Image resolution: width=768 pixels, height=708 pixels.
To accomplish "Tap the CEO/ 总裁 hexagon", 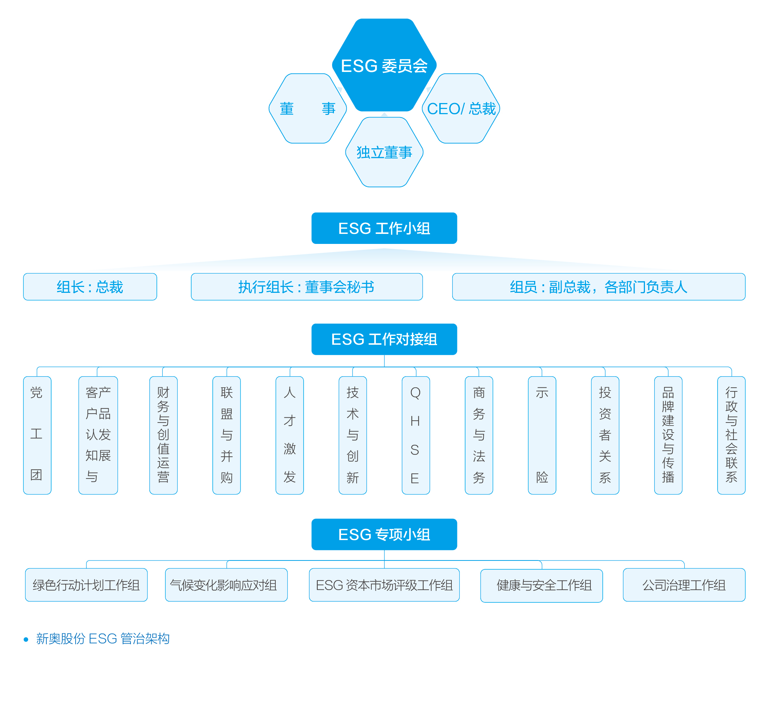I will tap(461, 108).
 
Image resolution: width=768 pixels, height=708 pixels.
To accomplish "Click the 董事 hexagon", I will tap(307, 108).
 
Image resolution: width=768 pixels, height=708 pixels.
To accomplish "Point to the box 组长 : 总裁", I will tap(90, 287).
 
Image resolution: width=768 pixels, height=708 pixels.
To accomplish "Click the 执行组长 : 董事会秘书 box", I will tap(307, 287).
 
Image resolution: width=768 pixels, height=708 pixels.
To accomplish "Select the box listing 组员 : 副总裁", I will tap(598, 287).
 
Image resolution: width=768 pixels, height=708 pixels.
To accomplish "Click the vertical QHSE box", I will tap(416, 435).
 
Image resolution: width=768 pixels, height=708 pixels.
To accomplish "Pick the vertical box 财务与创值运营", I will tap(163, 435).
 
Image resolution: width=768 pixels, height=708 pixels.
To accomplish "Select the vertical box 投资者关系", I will tap(605, 435).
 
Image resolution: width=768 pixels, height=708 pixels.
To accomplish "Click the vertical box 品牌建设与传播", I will tap(668, 435).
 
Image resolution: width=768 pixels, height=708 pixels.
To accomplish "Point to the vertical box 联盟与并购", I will tap(226, 435).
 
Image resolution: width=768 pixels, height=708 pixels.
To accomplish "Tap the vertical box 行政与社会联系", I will tap(731, 435).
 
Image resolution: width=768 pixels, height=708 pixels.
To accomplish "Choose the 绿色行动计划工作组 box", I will tap(86, 585).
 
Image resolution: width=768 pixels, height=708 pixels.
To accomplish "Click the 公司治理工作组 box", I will tap(684, 585).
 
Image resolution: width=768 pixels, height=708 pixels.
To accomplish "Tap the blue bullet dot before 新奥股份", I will tap(26, 639).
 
